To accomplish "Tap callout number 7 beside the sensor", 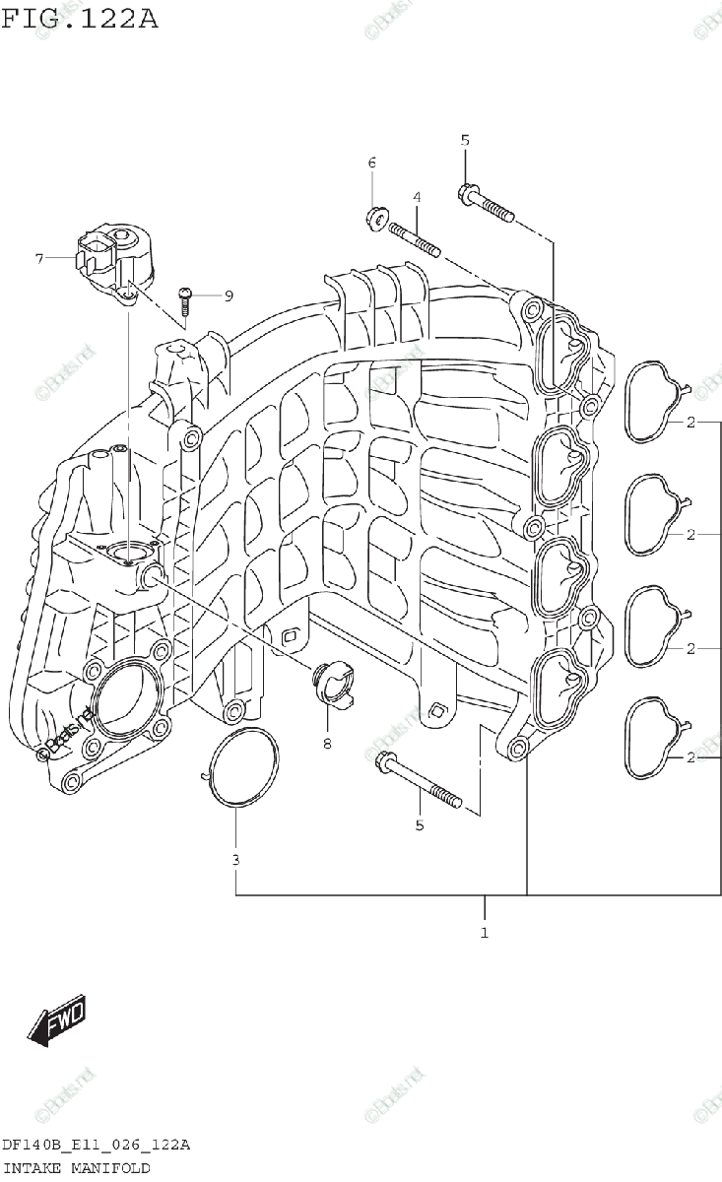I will click(x=39, y=259).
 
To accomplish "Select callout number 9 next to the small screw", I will click(x=228, y=295).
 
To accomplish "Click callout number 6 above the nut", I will click(x=372, y=163).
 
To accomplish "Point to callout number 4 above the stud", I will click(x=417, y=198).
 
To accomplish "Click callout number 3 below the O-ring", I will click(x=236, y=860).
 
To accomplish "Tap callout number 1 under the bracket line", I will click(x=485, y=931).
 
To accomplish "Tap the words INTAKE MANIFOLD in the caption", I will click(x=77, y=1167).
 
